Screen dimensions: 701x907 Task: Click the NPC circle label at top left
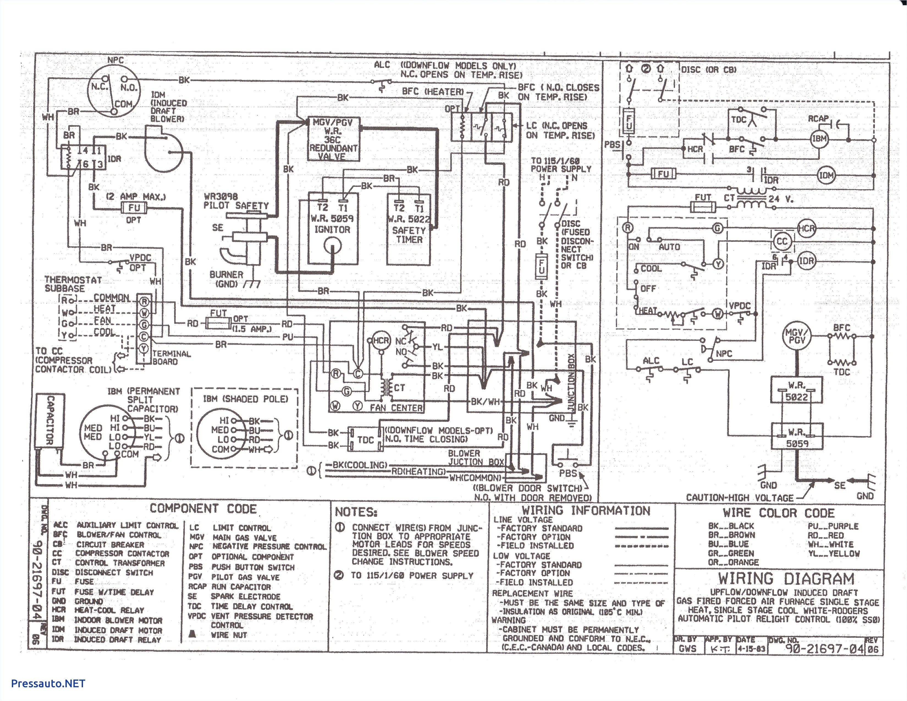pyautogui.click(x=115, y=60)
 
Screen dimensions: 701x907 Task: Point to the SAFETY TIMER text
pyautogui.click(x=409, y=235)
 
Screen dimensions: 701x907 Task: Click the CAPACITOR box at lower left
pyautogui.click(x=49, y=420)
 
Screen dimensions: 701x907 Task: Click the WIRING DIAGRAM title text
pyautogui.click(x=786, y=578)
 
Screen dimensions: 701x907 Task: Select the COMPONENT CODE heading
pyautogui.click(x=203, y=508)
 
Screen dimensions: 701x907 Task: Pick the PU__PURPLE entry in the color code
pyautogui.click(x=833, y=526)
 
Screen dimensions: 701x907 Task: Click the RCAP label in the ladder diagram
pyautogui.click(x=818, y=119)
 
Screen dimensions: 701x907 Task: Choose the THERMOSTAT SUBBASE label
pyautogui.click(x=73, y=284)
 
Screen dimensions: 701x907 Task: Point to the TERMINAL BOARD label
pyautogui.click(x=171, y=357)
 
